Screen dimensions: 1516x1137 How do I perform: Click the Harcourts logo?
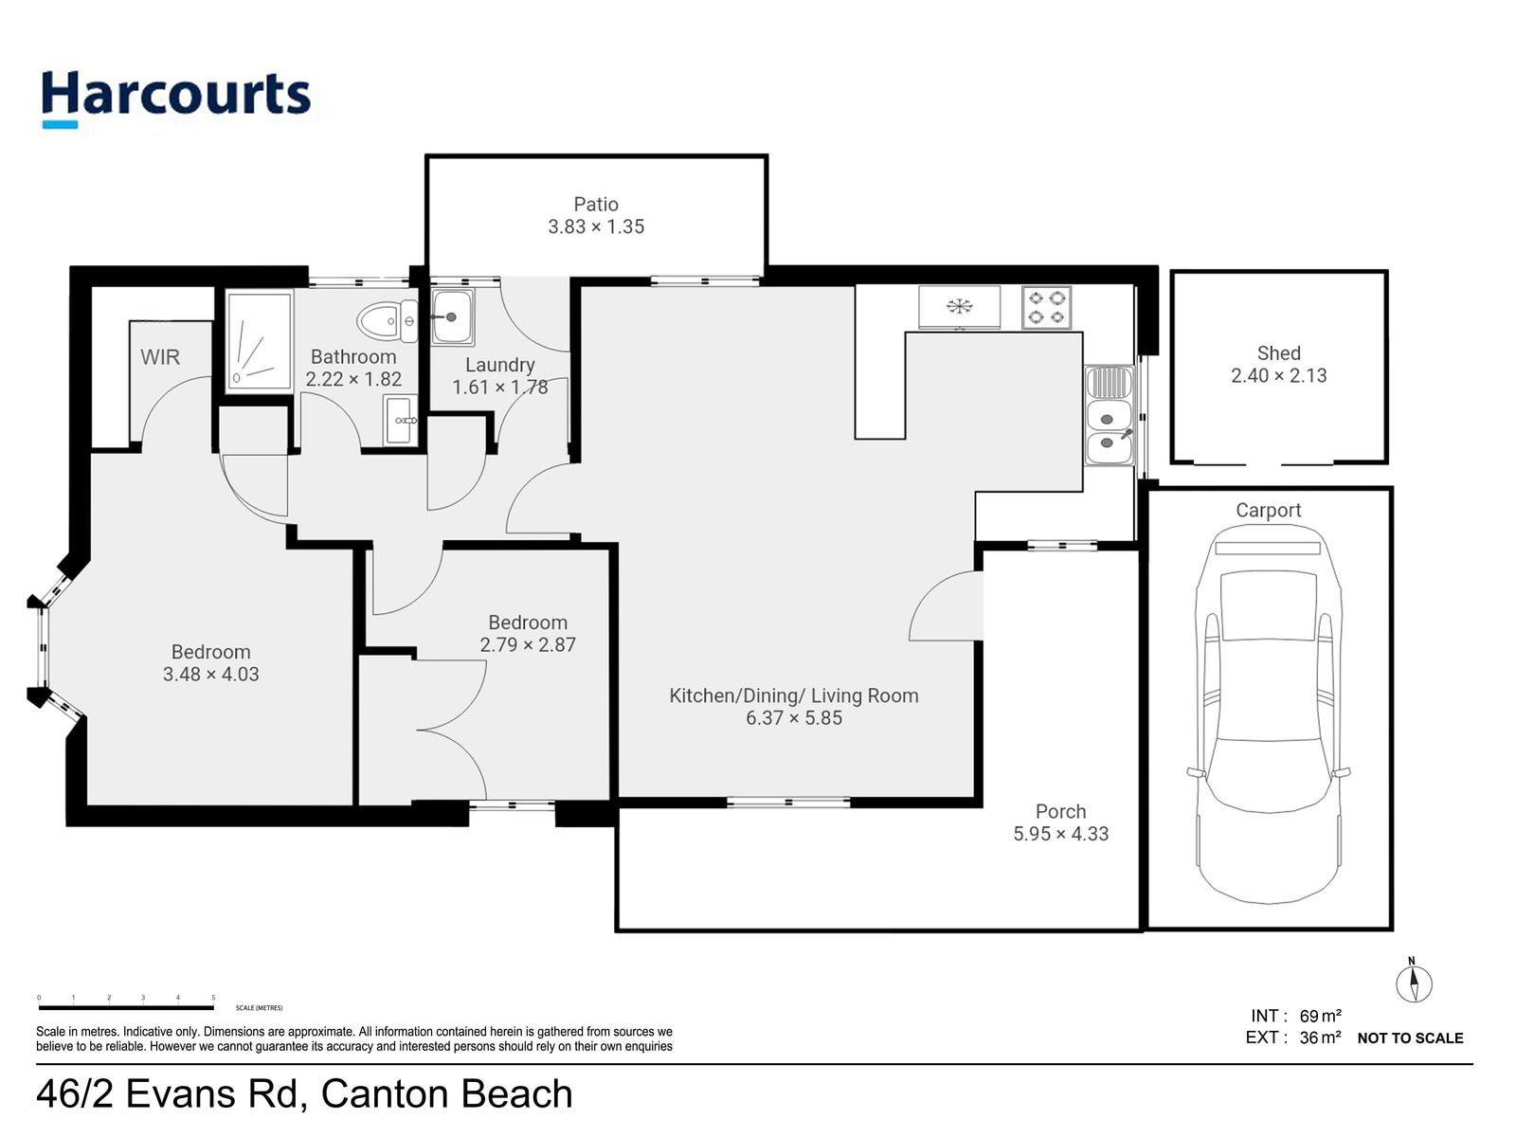tap(176, 98)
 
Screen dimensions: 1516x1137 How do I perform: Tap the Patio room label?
tap(595, 205)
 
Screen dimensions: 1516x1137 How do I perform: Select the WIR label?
tap(159, 357)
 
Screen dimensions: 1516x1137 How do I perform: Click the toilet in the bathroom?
tap(388, 321)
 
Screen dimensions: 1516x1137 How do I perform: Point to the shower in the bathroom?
tap(259, 340)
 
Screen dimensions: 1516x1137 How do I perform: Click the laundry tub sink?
tap(452, 316)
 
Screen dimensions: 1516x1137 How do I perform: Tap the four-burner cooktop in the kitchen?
tap(1046, 307)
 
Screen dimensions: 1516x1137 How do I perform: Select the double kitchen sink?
tap(1110, 416)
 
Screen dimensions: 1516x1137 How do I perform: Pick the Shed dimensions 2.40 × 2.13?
tap(1278, 375)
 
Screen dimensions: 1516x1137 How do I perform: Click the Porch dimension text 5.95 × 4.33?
tap(1060, 834)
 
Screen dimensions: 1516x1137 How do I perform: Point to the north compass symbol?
tap(1414, 983)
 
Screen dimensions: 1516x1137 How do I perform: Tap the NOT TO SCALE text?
tap(1410, 1038)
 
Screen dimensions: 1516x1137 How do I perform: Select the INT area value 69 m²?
tap(1320, 1016)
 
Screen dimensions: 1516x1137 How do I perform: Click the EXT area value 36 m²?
tap(1320, 1038)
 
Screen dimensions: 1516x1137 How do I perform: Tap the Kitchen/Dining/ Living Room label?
tap(794, 695)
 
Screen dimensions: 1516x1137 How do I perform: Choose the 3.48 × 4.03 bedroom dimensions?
tap(210, 674)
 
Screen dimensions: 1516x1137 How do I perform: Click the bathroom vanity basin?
tap(401, 420)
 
